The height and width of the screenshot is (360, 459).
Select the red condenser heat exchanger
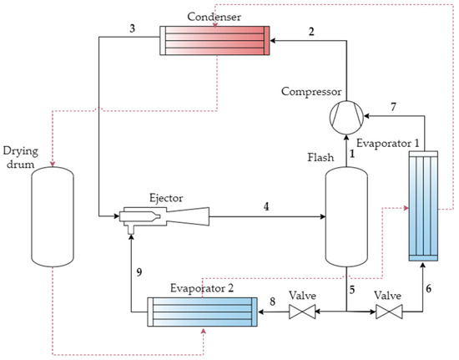(215, 41)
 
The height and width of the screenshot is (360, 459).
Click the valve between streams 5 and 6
(388, 313)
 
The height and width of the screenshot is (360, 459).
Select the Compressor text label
(310, 90)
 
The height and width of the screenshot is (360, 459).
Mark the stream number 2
(310, 32)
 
